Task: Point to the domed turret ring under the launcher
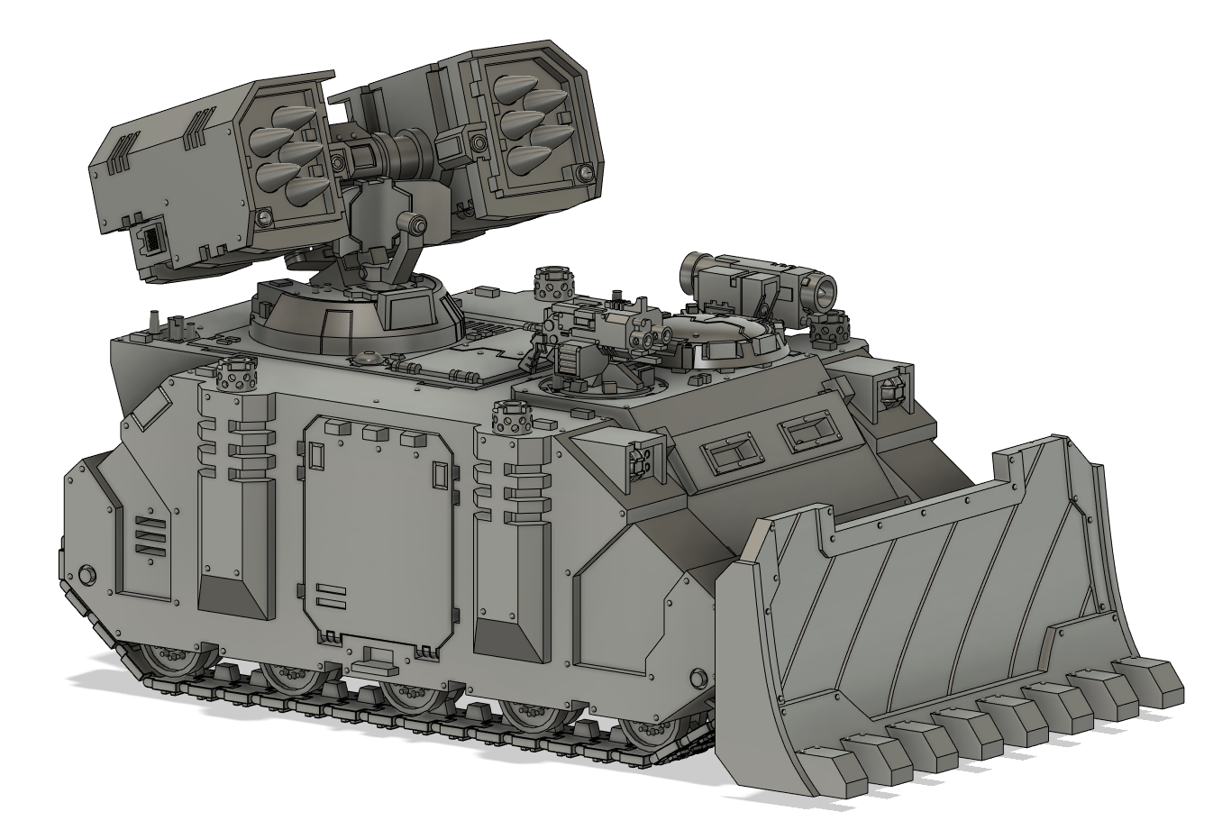pos(351,315)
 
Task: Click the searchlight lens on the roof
pos(824,291)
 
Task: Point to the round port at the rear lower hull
pos(87,574)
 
